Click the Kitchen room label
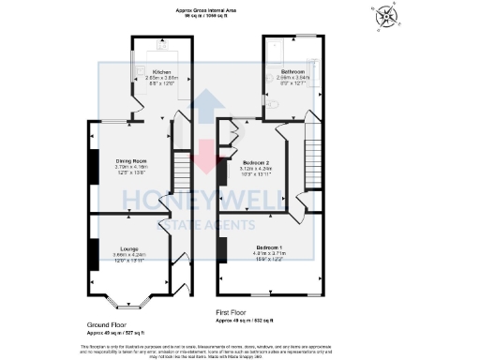pyautogui.click(x=162, y=71)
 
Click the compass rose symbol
pyautogui.click(x=386, y=17)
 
